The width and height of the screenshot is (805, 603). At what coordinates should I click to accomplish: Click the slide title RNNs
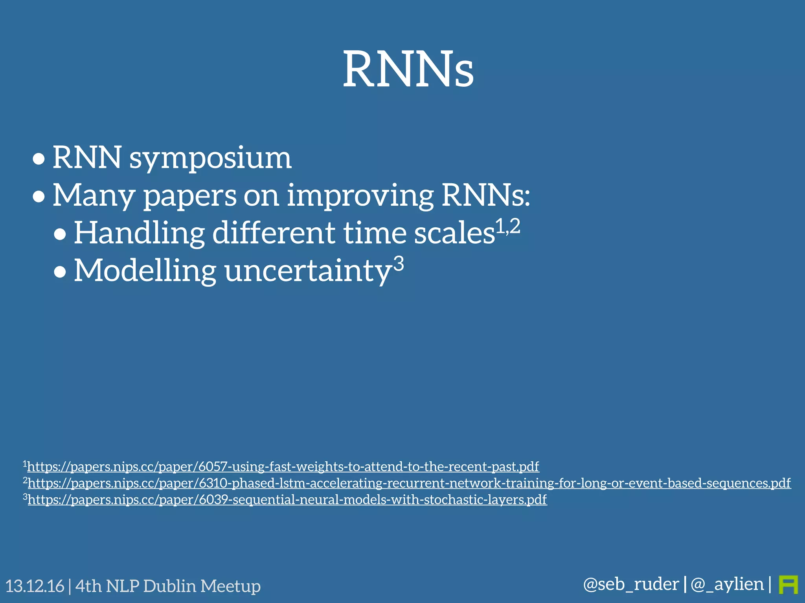408,69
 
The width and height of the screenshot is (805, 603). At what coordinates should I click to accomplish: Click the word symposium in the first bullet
210,158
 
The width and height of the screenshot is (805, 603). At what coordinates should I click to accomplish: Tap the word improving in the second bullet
360,195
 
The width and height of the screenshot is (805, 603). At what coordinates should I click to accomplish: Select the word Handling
139,233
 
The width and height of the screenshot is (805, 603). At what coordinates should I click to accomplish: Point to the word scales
454,233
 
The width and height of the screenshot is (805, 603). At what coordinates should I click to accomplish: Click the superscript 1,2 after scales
507,227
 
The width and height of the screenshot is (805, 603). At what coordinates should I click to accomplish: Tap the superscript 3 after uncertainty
399,264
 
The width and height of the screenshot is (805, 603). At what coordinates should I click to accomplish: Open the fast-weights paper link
283,467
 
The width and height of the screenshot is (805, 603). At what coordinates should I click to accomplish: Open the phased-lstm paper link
409,483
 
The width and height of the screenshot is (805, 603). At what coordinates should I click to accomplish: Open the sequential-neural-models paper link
287,500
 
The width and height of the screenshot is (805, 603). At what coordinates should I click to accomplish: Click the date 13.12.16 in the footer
35,586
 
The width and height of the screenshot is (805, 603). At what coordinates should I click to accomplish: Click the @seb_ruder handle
631,584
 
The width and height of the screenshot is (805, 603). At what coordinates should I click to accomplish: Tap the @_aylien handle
727,584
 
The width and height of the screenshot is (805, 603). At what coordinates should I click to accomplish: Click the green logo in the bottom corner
788,585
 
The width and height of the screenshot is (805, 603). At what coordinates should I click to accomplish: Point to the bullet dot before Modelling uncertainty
60,272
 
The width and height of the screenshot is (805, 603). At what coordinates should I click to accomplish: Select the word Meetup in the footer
230,586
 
